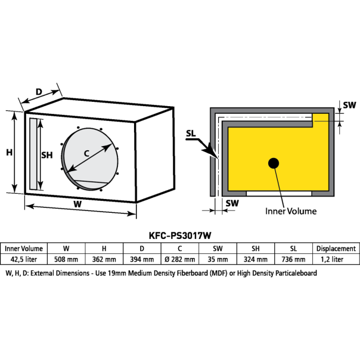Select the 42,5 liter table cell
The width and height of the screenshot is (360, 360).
click(23, 259)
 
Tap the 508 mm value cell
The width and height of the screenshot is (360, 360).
click(66, 259)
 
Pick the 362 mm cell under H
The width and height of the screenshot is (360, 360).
click(104, 259)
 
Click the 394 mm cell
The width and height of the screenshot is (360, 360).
click(142, 259)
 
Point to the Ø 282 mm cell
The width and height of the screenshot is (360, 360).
click(179, 259)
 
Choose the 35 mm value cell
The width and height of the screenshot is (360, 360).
click(218, 259)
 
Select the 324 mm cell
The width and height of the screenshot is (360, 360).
click(256, 259)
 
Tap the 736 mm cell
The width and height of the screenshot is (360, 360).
click(294, 259)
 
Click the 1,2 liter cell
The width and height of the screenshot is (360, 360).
click(336, 259)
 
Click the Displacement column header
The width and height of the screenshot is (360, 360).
click(336, 248)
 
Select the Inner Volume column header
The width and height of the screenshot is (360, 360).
click(23, 248)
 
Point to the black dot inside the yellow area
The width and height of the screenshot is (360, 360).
click(274, 163)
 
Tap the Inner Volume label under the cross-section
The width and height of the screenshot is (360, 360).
click(290, 211)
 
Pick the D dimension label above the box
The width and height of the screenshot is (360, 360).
click(39, 92)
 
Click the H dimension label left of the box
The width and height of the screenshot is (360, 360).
click(9, 152)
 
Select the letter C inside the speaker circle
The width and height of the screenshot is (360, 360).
click(86, 153)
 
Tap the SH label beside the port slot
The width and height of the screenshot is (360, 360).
click(46, 155)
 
